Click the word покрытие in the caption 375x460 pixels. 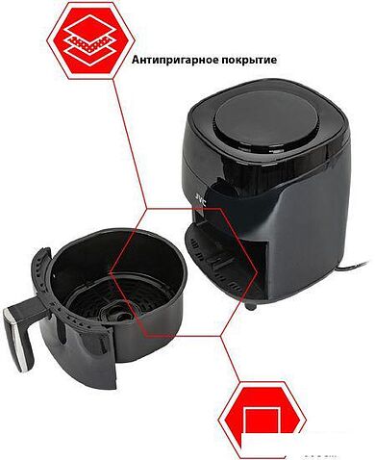(247, 60)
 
